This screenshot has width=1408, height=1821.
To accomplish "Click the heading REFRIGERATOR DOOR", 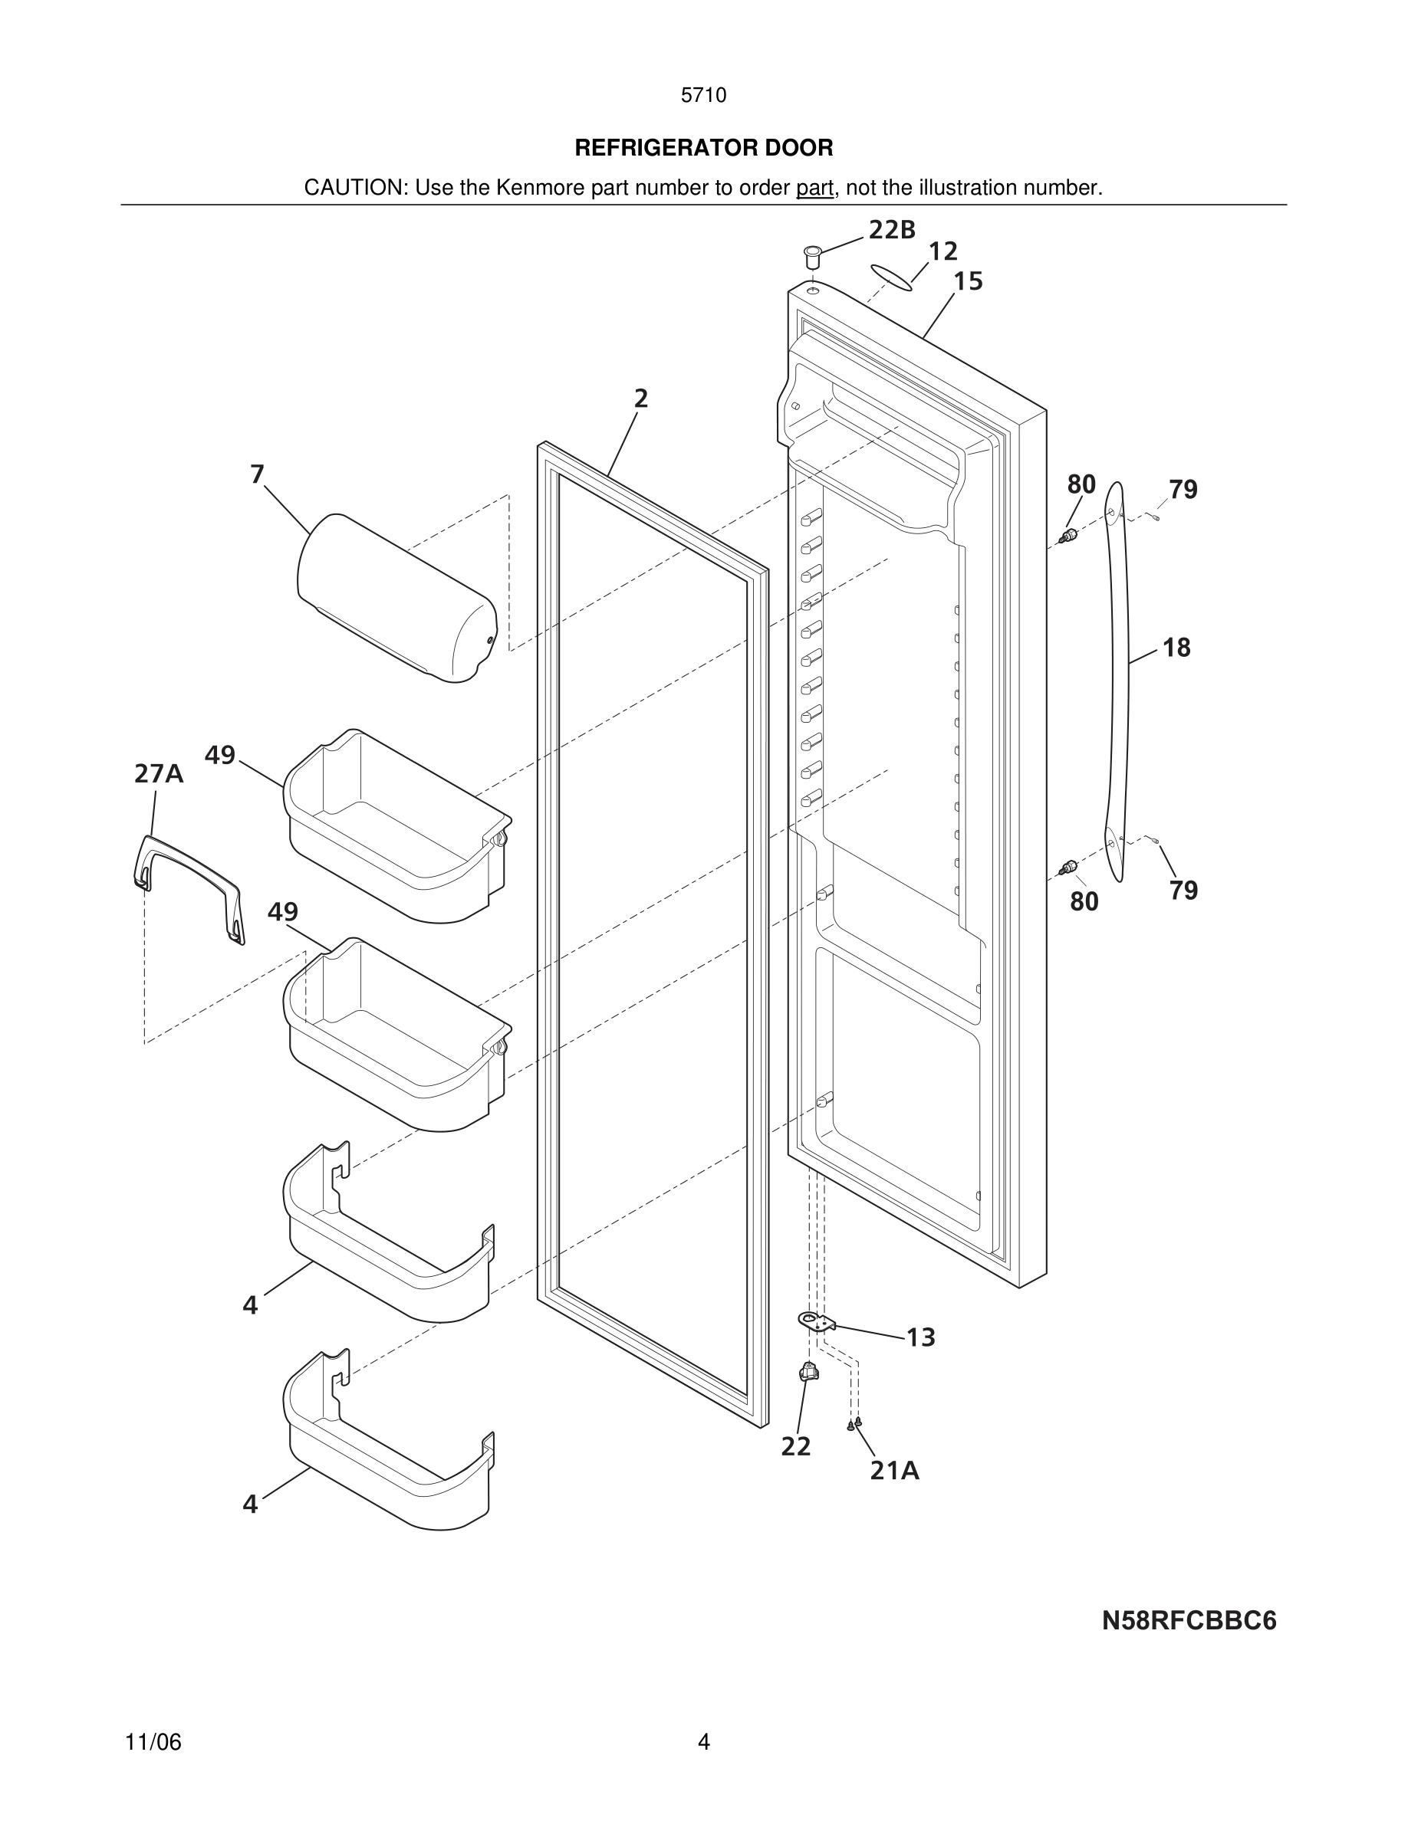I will [703, 148].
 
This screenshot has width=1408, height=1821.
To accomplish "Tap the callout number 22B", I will [892, 229].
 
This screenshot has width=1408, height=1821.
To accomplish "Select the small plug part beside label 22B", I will [811, 254].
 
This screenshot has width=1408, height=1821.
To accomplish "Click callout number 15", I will [968, 281].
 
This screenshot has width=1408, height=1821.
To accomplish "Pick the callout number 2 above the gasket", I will [640, 399].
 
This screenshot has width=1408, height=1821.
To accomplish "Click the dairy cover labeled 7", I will [396, 598].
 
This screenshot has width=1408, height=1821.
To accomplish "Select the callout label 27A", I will [159, 774].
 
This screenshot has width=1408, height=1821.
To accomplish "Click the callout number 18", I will [1176, 647].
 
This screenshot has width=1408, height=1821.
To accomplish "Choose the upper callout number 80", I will [1081, 484].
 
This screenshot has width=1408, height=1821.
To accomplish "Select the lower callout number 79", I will [1183, 891].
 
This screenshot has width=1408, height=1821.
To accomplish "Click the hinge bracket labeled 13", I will [817, 1321].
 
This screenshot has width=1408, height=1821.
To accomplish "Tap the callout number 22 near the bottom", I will [796, 1447].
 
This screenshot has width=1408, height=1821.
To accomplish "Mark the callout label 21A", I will [894, 1471].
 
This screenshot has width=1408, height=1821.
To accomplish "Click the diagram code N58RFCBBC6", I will [1189, 1621].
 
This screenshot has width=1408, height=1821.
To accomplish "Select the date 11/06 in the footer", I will [153, 1742].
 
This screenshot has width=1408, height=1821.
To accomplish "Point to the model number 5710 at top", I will [703, 95].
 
